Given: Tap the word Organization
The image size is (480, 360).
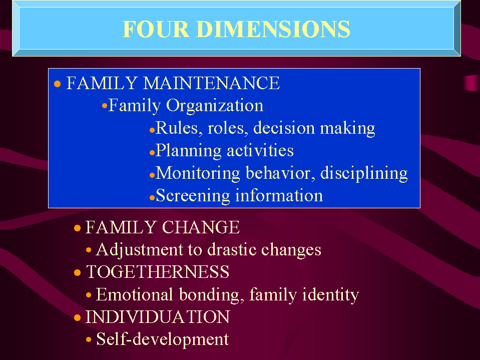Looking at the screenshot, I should tap(215, 106).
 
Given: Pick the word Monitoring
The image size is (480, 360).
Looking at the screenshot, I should tap(199, 173).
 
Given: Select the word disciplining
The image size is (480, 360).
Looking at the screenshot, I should tap(364, 173).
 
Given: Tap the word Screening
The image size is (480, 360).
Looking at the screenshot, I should tap(193, 195).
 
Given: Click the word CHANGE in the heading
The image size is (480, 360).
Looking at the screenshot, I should tap(201, 228).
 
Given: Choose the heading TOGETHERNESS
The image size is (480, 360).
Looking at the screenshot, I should tap(158, 272).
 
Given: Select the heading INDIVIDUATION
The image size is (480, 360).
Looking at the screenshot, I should tap(158, 317).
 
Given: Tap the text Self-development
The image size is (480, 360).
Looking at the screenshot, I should tap(162, 339).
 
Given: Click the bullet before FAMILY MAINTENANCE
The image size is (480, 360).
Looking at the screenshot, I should tap(58, 84).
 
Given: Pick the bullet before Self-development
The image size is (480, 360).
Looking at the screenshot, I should tap(89, 340).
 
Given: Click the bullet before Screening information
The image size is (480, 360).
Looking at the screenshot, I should tap(151, 197).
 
